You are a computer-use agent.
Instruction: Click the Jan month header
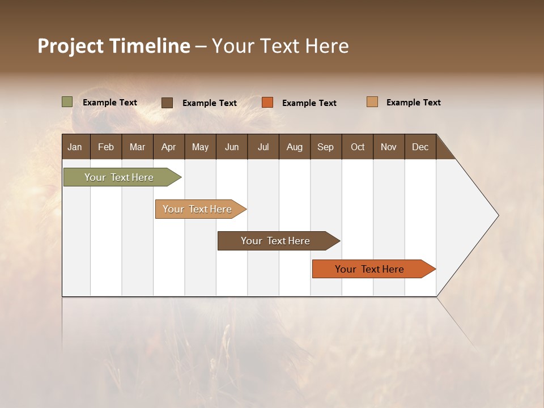point(75,147)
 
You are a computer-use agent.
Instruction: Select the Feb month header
point(106,147)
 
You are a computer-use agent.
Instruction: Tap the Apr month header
point(169,147)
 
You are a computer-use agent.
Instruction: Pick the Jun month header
point(232,147)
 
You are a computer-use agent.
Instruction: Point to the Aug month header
point(295,147)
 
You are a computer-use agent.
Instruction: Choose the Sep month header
point(326,147)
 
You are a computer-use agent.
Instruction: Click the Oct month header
point(358,147)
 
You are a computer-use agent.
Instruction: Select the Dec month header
point(420,147)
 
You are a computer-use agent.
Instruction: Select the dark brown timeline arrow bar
point(276,241)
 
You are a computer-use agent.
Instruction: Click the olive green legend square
point(67,102)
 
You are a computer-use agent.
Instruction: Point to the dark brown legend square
point(167,103)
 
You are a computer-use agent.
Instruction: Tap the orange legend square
point(267,103)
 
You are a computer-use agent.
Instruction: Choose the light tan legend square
point(372,102)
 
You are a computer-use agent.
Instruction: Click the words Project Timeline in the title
point(114,46)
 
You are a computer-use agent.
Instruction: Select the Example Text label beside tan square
point(414,102)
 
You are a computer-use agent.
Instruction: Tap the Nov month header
point(389,147)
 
